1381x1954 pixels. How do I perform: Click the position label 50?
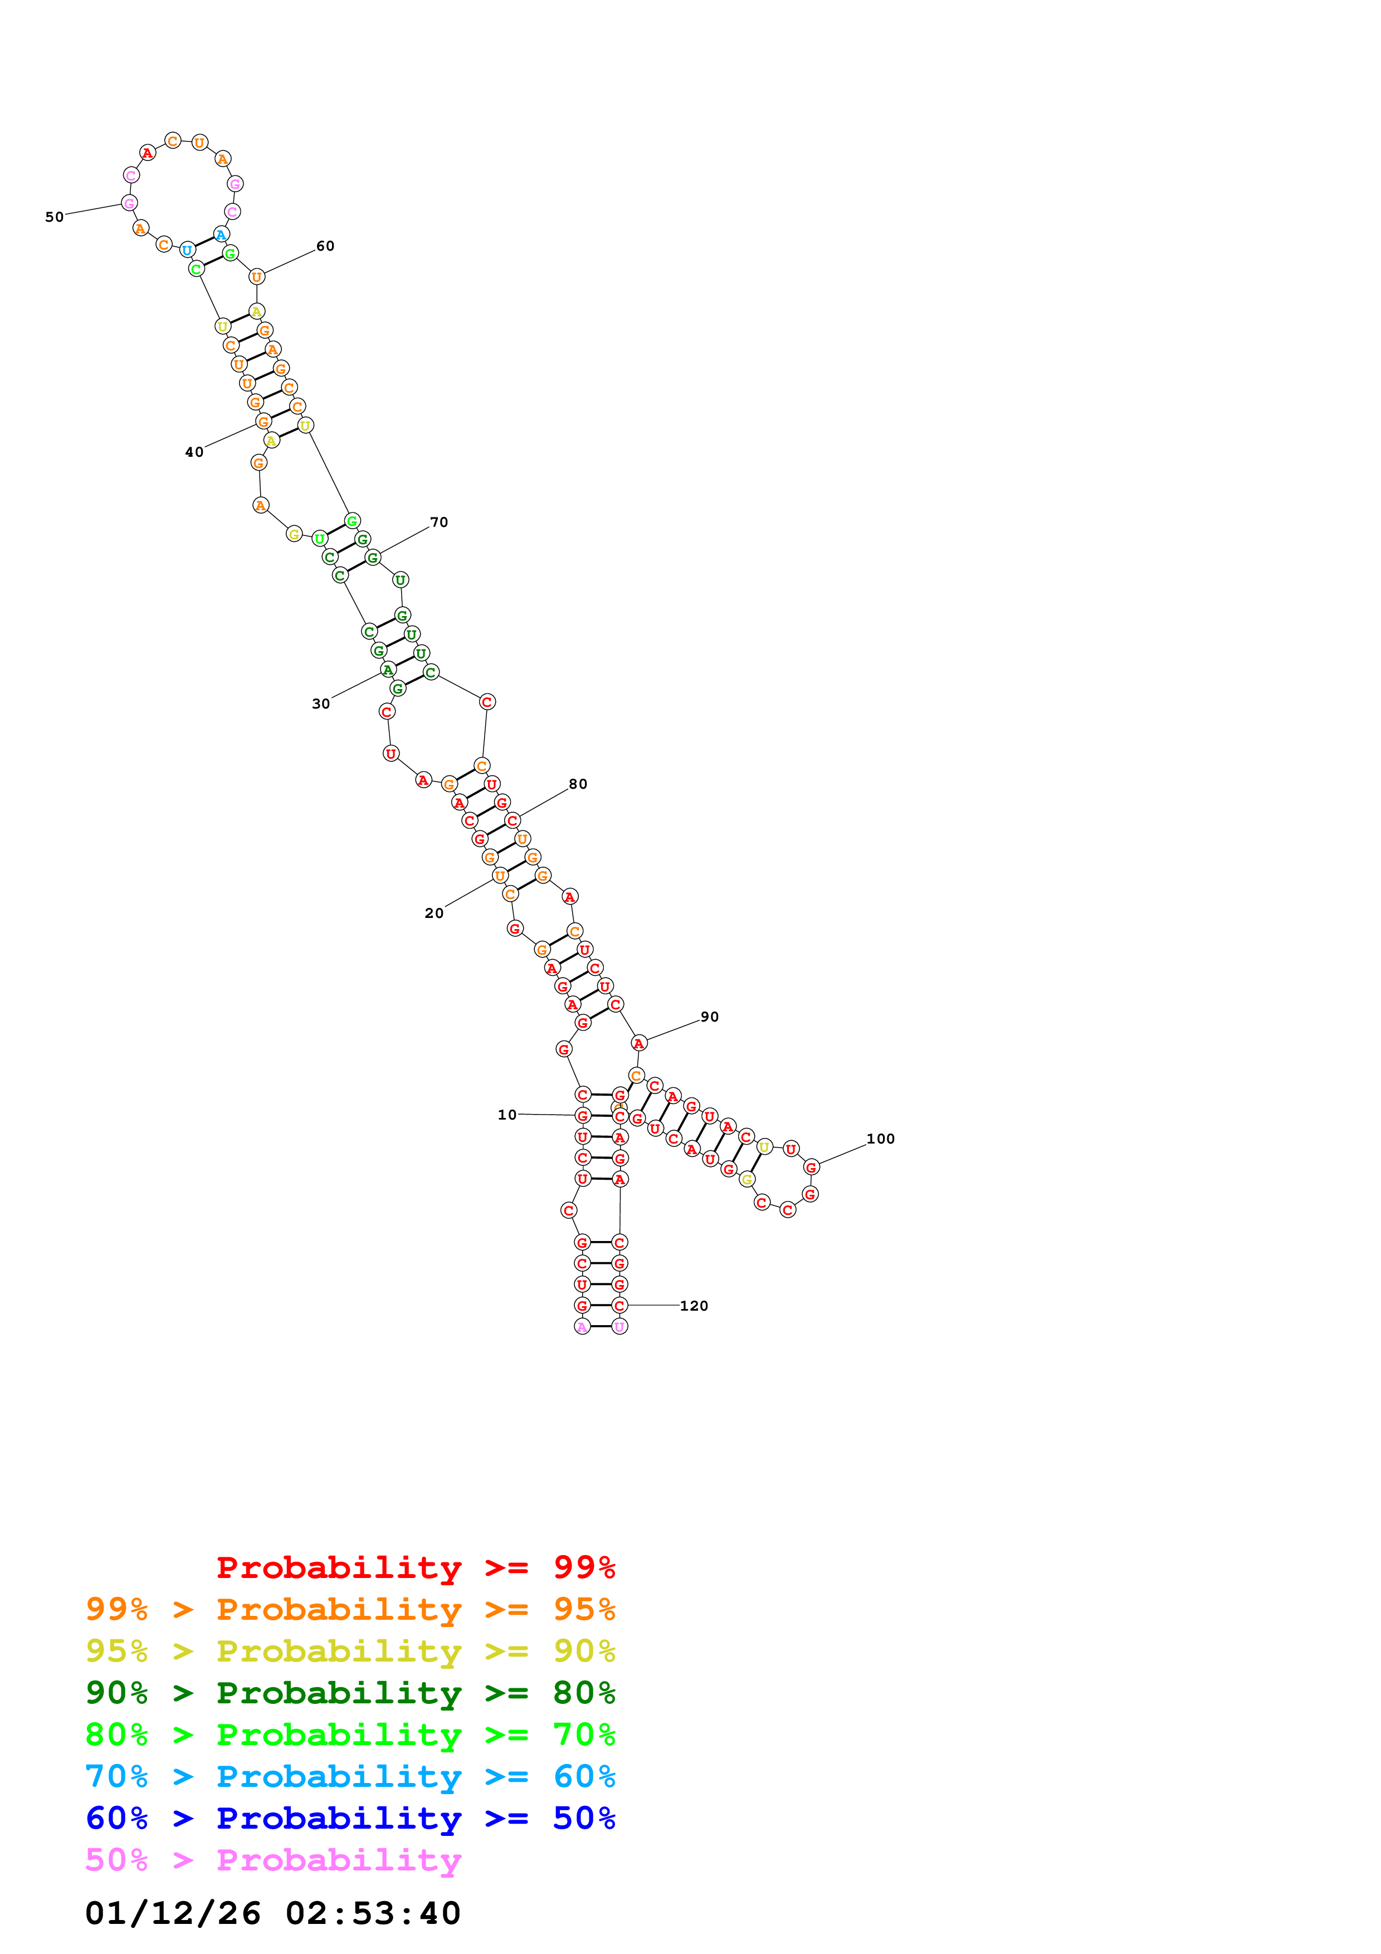tap(55, 217)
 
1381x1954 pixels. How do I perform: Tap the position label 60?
tap(325, 246)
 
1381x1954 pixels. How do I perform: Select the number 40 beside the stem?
tap(194, 452)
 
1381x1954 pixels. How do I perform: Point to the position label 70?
tap(438, 522)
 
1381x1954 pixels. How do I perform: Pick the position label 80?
tap(578, 784)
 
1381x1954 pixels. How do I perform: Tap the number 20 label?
tap(434, 913)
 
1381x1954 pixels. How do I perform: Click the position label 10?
tap(507, 1115)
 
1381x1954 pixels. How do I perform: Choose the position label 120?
tap(694, 1306)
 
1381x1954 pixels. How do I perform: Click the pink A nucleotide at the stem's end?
tap(582, 1326)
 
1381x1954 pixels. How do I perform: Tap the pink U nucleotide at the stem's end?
tap(619, 1326)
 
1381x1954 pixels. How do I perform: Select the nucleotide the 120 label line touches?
tap(619, 1305)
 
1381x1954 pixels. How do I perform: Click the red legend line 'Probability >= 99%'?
tap(415, 1567)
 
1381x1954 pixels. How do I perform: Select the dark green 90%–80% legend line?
tap(350, 1693)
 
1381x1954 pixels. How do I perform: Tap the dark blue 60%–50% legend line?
tap(350, 1818)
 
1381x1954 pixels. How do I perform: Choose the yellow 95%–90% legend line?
tap(350, 1651)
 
